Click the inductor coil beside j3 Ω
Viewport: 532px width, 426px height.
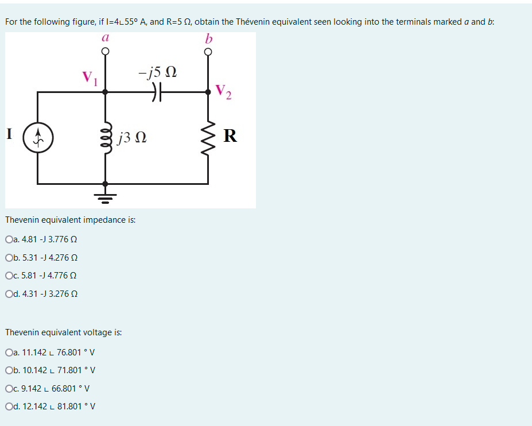tap(104, 138)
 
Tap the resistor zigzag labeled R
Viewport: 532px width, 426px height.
tap(208, 138)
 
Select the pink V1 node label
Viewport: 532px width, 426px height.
tap(90, 78)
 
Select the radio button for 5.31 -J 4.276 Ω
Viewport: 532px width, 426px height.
tap(9, 257)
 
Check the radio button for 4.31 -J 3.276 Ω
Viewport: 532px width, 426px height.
tap(9, 293)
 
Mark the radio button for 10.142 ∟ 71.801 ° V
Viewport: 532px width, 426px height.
tap(9, 370)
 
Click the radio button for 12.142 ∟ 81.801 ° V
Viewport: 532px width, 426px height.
tap(9, 406)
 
